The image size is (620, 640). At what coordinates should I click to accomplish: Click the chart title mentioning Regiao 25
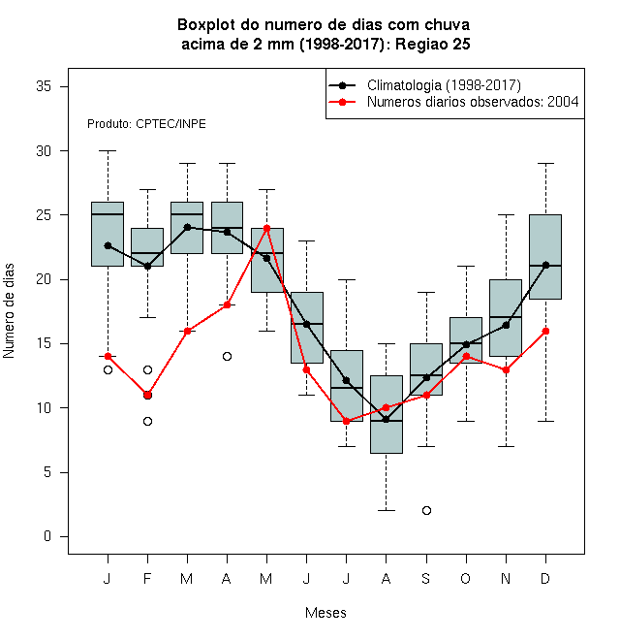(x=324, y=34)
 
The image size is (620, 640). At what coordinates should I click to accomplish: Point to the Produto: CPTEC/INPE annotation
(x=146, y=124)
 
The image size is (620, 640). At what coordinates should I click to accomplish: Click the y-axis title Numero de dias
(x=9, y=311)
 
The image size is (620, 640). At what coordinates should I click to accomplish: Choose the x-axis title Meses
(x=325, y=613)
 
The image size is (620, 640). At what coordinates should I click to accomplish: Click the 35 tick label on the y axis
(x=44, y=86)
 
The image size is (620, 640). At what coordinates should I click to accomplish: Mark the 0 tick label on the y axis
(x=47, y=536)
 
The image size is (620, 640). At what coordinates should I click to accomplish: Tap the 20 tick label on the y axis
(x=44, y=279)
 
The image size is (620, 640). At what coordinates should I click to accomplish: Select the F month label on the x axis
(x=147, y=578)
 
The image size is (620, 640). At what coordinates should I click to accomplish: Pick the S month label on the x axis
(x=426, y=578)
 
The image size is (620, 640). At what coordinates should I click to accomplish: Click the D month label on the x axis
(x=545, y=578)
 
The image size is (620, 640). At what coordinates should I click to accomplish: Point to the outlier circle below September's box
(x=426, y=511)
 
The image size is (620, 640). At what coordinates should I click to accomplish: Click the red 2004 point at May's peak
(x=266, y=228)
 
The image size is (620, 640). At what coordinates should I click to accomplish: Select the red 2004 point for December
(x=545, y=331)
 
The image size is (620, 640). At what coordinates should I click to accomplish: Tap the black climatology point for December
(x=545, y=266)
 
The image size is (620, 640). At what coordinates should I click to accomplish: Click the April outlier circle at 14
(x=228, y=356)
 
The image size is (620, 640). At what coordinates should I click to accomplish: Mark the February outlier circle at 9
(x=147, y=421)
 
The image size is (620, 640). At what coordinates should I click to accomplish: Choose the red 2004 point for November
(x=507, y=370)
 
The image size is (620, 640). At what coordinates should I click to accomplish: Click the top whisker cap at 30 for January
(x=108, y=150)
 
